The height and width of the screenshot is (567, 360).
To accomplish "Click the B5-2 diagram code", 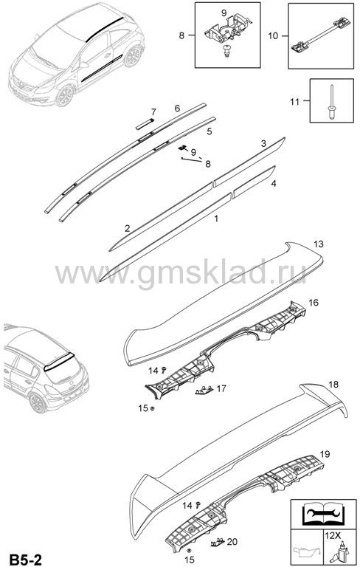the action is pos(26,560).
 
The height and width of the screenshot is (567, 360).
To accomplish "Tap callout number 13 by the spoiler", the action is pos(319,244).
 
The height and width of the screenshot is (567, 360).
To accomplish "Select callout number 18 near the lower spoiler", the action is pos(333,384).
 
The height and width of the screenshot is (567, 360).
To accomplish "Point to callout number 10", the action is pos(273,35).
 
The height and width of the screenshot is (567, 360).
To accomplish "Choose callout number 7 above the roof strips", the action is pos(153,111).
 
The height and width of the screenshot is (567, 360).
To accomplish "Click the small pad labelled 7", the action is pos(145,124).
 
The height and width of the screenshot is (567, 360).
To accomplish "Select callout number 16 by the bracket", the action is pos(314,302).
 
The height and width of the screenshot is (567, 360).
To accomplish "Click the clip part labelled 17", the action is pos(204,390).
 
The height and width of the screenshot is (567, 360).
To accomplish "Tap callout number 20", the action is pos(232,541).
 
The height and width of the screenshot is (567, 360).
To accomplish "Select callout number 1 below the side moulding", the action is pos(216,219).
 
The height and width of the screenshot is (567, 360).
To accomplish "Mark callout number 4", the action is pos(274,183).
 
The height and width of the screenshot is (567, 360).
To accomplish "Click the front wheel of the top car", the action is pos(65,95).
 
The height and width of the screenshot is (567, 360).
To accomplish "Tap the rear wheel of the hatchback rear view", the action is pos(38,402).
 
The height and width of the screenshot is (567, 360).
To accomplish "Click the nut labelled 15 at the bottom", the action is pos(189,550).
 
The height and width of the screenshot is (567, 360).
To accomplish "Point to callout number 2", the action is pos(127,228).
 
